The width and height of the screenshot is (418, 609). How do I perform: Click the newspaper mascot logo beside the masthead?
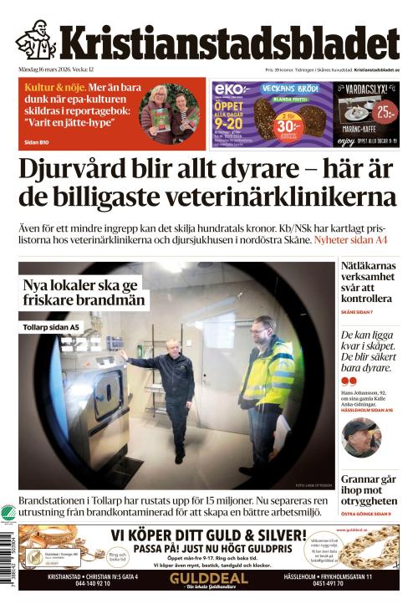tap(35, 40)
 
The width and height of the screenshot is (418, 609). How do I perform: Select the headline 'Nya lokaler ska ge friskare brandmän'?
tap(84, 293)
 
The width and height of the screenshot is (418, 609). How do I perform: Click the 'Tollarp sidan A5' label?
tap(52, 327)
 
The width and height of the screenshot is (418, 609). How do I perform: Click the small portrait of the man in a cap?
tap(361, 437)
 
